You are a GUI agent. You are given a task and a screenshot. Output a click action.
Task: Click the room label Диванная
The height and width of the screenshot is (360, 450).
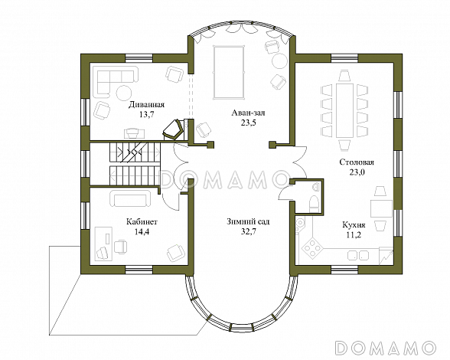pos(146,104)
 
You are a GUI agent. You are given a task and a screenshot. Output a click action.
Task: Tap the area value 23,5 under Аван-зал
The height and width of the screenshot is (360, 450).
pos(248,123)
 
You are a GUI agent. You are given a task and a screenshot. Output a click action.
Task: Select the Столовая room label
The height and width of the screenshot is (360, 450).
pos(357,162)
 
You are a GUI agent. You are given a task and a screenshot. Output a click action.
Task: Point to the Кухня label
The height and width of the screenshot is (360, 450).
pos(354,224)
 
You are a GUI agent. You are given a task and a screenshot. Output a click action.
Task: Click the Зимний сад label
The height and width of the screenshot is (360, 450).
pos(248,222)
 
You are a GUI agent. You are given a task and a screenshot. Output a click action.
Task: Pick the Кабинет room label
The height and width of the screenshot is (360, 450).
pos(142,222)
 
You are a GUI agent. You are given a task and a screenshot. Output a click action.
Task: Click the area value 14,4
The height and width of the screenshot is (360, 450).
pos(142,231)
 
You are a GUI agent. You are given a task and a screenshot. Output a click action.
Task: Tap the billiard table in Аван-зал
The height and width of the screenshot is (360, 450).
pos(229,72)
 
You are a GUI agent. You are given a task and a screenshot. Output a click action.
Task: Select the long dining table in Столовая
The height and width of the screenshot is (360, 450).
pos(344,110)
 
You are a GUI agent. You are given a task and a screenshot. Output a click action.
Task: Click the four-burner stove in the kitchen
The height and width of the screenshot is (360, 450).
pos(312,247)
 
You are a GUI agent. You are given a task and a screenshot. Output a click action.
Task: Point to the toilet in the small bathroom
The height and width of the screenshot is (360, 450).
pos(315,202)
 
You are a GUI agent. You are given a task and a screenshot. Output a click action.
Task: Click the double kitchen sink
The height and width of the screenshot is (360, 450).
pos(358,255)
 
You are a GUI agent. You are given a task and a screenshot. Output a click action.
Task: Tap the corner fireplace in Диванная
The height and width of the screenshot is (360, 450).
pos(173,129)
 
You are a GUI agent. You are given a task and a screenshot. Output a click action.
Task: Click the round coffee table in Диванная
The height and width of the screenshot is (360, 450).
pos(124,93)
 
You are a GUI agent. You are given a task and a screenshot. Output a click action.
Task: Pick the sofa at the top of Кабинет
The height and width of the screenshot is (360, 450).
pos(131,198)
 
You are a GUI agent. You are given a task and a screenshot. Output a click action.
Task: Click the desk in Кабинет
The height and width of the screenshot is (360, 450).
pos(103,244)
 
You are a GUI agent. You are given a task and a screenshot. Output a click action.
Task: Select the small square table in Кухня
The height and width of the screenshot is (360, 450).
pos(381,208)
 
